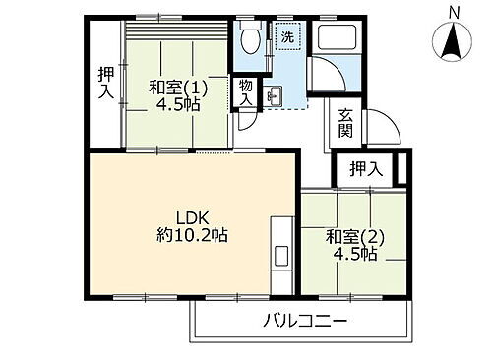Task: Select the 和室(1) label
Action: [174, 86]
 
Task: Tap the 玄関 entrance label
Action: [345, 122]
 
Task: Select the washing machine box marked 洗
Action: [286, 38]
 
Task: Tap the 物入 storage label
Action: [246, 94]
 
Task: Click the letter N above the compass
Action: [453, 11]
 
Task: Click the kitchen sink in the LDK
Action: [280, 255]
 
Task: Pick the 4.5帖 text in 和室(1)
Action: [177, 103]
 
